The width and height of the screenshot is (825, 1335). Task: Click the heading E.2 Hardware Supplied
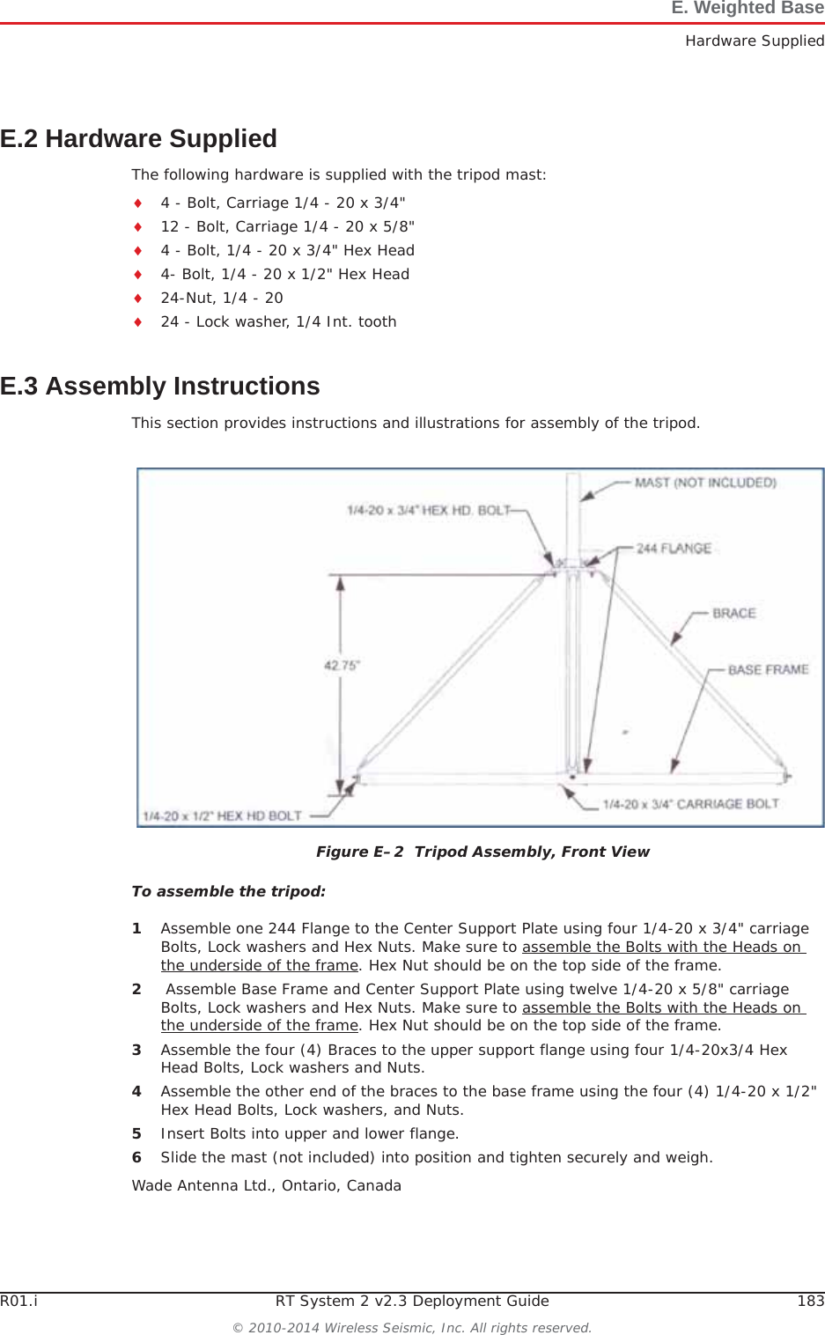(x=138, y=139)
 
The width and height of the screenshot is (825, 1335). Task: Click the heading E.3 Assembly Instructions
(x=159, y=387)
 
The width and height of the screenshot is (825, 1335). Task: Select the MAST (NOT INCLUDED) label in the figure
(x=705, y=483)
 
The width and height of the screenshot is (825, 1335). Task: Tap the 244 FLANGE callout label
(x=674, y=548)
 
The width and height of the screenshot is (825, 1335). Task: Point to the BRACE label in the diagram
(x=733, y=613)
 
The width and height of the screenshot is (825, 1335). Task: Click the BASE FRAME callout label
(x=768, y=669)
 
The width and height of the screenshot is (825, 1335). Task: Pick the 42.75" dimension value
(x=342, y=666)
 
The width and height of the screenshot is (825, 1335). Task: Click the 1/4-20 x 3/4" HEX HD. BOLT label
(x=428, y=510)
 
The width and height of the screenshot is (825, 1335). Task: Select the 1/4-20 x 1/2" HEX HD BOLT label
(x=222, y=815)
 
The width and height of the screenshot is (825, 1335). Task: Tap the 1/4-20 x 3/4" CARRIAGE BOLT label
(x=690, y=803)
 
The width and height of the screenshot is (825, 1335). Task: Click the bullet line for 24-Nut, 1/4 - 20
(x=222, y=298)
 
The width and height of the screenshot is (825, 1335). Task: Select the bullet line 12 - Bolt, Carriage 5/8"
(x=287, y=226)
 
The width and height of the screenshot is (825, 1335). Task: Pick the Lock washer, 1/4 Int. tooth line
(x=278, y=321)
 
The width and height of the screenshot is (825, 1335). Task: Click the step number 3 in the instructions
(x=136, y=1050)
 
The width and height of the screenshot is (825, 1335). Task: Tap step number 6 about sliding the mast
(x=136, y=1157)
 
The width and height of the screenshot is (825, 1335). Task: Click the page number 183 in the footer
(x=810, y=1301)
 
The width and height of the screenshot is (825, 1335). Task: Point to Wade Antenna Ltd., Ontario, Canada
(x=266, y=1185)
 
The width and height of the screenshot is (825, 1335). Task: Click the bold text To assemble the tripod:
(x=228, y=891)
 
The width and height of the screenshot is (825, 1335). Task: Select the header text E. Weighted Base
(x=747, y=9)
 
